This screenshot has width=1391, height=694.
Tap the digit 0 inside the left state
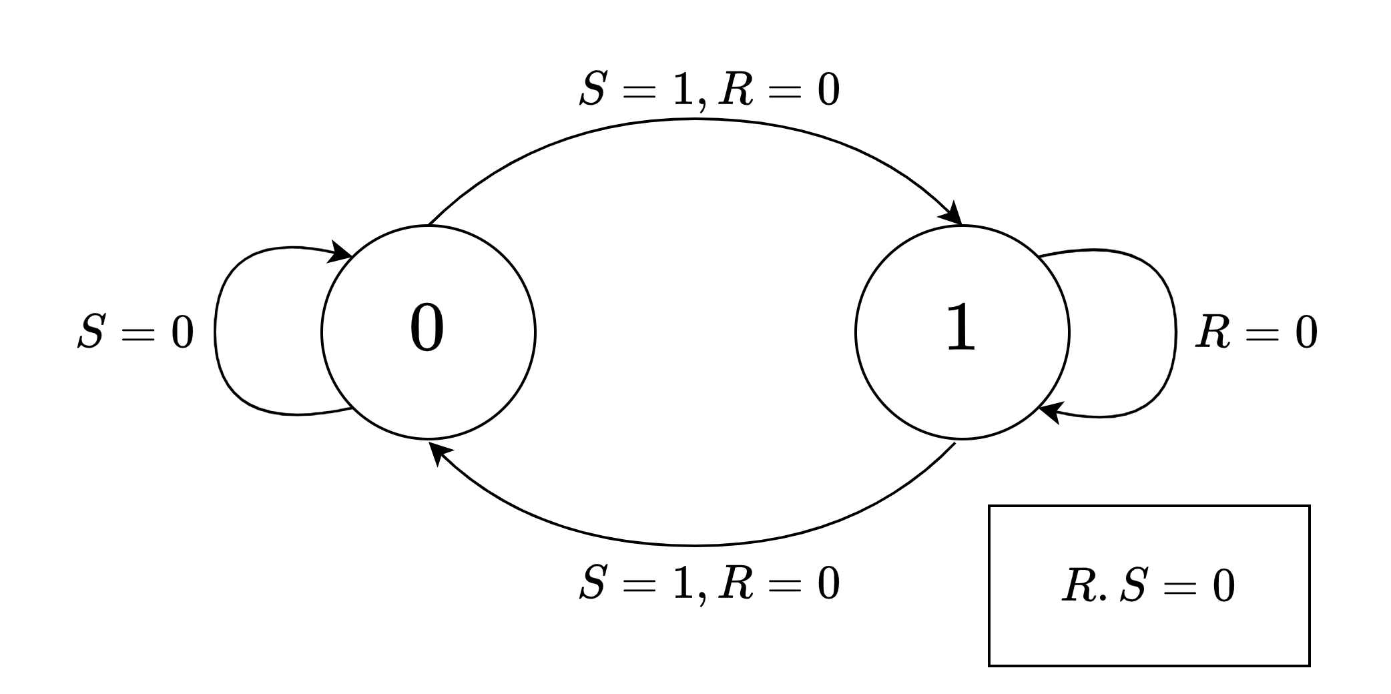pos(427,328)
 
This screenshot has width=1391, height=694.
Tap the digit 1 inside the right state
pos(960,328)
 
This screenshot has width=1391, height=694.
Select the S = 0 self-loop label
pos(135,332)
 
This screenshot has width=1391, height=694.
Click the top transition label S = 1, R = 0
pos(709,89)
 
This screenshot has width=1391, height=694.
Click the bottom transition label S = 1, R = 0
pos(709,583)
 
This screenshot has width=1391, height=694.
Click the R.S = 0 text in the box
pos(1148,587)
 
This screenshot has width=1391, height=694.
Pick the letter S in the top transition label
pos(592,89)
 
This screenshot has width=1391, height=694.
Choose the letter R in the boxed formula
pos(1077,587)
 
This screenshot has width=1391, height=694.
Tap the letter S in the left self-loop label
pos(91,332)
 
